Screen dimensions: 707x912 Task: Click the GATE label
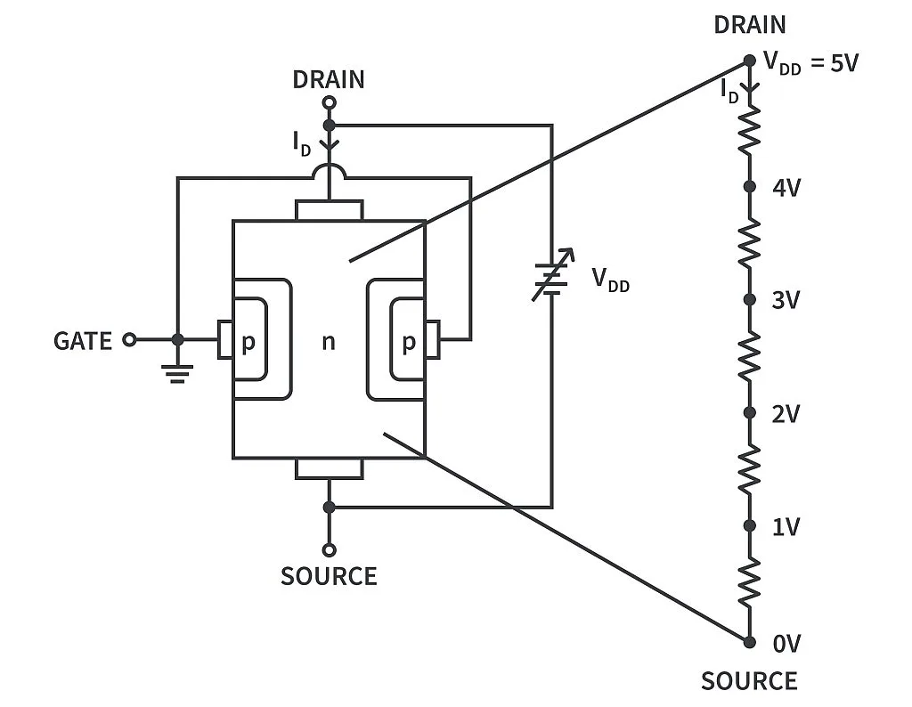(x=83, y=341)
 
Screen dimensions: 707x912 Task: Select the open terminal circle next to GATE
(x=129, y=340)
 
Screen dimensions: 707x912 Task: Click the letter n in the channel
(x=329, y=341)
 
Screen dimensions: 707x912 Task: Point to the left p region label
(x=248, y=343)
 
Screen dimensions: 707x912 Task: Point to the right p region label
(x=408, y=343)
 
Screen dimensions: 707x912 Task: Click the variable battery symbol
(x=550, y=279)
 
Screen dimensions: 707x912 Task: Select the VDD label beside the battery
(x=610, y=280)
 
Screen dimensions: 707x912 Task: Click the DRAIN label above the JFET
(x=329, y=79)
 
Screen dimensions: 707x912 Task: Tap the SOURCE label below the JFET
(x=329, y=576)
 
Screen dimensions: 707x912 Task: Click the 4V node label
(x=786, y=187)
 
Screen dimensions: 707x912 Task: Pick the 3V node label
(x=786, y=300)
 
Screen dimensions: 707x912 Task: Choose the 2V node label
(x=786, y=413)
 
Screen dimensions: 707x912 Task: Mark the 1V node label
(x=786, y=526)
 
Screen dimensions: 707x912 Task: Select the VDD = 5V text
(x=810, y=64)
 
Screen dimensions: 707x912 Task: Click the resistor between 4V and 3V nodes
(x=750, y=243)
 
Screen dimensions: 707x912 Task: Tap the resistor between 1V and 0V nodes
(x=750, y=582)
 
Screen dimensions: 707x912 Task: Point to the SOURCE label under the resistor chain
(x=749, y=681)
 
